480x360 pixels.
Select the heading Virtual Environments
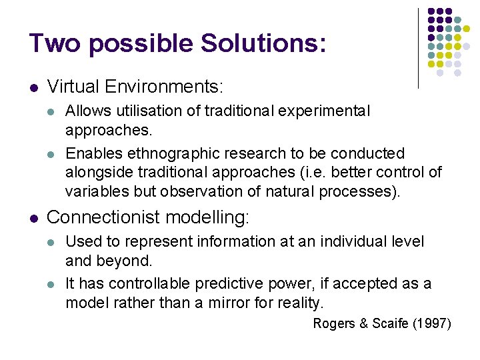click(135, 87)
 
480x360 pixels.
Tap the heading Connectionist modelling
click(148, 217)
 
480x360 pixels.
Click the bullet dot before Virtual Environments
click(33, 87)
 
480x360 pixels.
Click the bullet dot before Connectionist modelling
click(33, 218)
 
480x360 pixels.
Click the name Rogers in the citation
click(334, 324)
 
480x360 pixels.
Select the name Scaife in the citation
click(387, 324)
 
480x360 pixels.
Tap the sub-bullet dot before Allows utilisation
click(52, 111)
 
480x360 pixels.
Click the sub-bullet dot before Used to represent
click(52, 242)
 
